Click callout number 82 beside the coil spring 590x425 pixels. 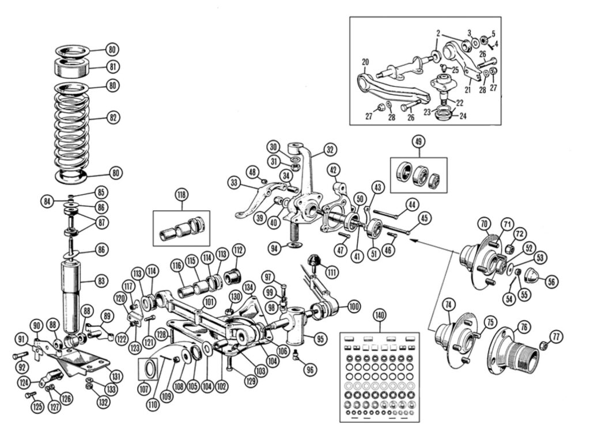point(113,117)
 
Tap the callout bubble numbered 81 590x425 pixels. point(113,67)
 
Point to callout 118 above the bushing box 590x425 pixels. point(182,195)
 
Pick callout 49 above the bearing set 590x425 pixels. point(419,141)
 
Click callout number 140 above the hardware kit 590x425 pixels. point(379,315)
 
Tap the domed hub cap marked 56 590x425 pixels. point(532,280)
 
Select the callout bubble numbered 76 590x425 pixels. point(524,326)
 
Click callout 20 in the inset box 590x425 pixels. point(365,62)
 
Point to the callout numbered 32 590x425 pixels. point(330,150)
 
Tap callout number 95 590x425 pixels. point(320,339)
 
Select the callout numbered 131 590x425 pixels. point(116,377)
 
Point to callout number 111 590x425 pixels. point(331,271)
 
